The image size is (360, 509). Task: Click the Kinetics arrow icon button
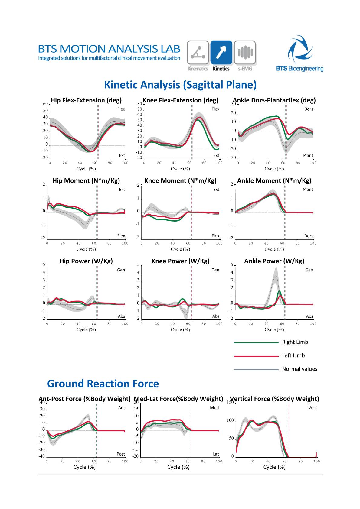221,53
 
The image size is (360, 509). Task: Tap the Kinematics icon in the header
198,53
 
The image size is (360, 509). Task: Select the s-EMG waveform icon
245,53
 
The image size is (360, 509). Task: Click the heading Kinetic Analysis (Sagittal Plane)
180,85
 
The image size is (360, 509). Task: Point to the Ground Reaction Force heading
103,384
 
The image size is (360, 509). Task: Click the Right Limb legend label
295,342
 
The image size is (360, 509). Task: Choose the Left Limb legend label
293,355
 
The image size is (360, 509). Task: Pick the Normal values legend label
299,369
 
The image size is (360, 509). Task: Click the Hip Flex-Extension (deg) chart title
86,100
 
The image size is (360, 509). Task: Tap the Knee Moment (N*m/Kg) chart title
180,181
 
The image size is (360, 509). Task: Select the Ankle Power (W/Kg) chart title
274,261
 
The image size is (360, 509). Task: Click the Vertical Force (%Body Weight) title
274,399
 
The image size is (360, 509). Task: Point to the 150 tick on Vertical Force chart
230,402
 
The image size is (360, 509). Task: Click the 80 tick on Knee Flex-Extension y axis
139,104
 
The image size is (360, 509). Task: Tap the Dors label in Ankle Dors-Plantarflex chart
309,109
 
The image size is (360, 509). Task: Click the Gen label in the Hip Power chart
121,270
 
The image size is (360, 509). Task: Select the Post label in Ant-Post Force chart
121,454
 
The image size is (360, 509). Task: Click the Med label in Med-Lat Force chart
214,408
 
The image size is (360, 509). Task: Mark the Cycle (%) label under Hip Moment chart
86,249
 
